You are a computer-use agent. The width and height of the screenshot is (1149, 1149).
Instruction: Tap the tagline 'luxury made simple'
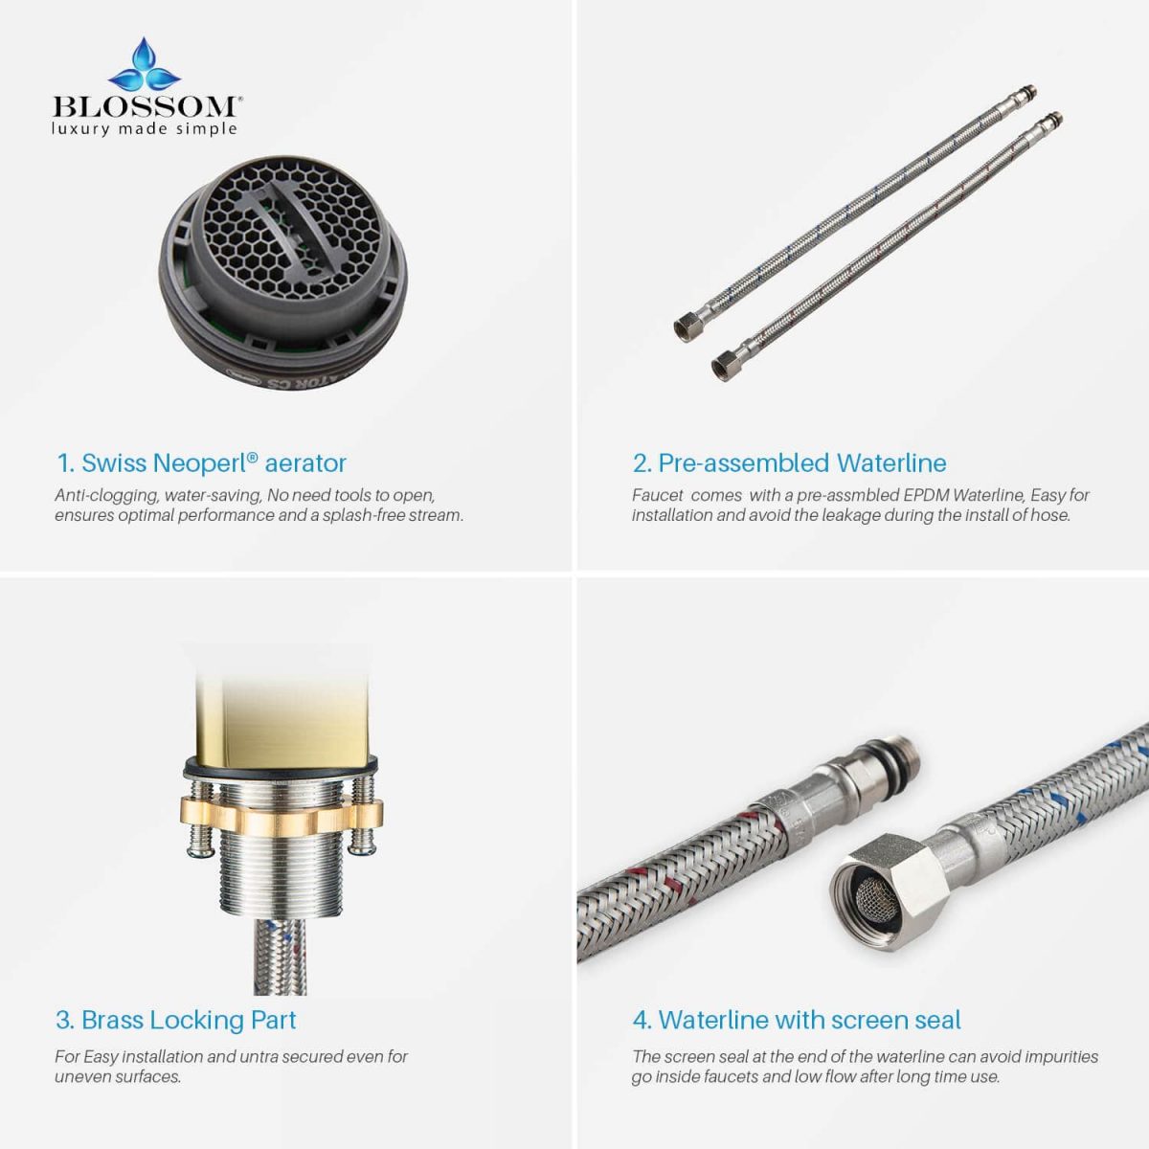(145, 129)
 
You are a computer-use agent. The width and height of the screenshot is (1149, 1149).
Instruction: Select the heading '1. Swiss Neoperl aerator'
(201, 462)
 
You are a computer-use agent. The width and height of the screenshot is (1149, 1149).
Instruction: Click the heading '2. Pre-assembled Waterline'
(789, 462)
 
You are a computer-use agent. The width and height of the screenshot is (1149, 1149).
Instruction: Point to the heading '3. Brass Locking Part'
(176, 1020)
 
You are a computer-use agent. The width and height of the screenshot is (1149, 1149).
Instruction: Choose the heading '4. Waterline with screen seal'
(797, 1020)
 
